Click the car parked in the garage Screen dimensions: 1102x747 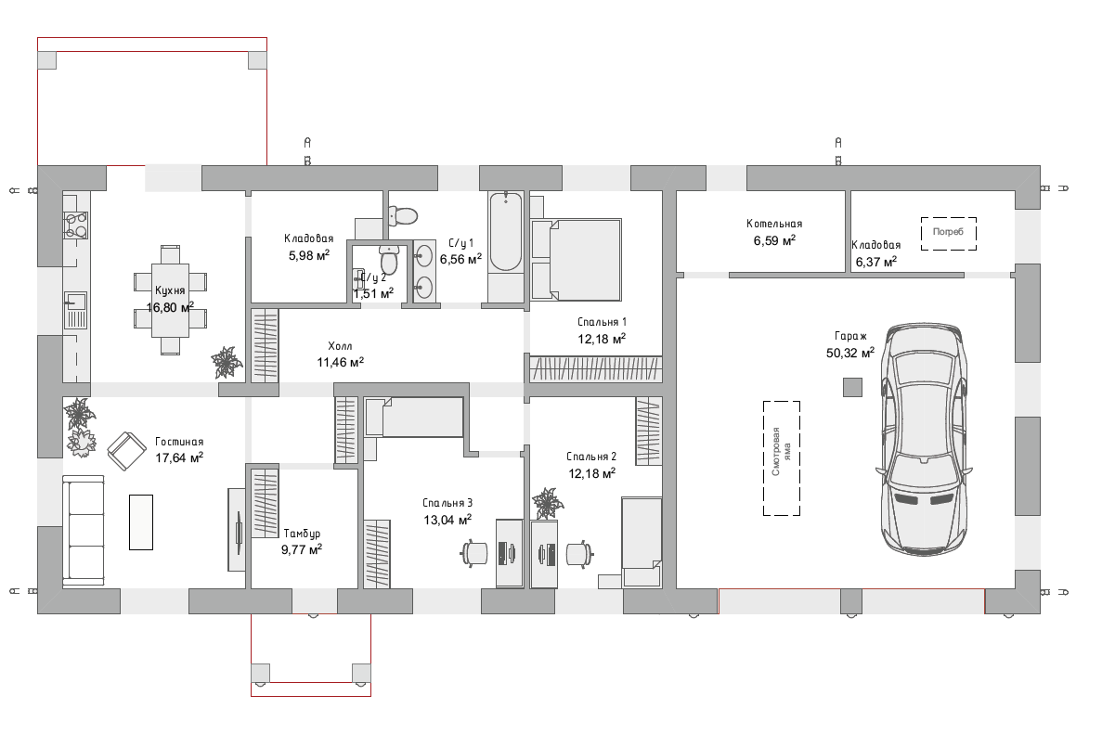924,439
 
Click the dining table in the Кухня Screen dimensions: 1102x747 170,300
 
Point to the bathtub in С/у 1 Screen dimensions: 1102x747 505,231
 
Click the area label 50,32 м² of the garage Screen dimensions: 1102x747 850,353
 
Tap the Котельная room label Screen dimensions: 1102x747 773,225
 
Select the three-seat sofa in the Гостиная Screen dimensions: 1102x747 83,531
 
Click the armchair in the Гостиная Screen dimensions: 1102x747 127,450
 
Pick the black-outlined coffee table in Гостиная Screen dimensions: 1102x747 140,522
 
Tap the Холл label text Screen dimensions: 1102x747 340,346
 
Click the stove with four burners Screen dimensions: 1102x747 76,225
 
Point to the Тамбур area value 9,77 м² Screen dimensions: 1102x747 302,549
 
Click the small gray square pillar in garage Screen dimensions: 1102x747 852,387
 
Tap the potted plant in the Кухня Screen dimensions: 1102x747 227,363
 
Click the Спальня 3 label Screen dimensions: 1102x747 447,503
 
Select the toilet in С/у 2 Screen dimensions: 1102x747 389,259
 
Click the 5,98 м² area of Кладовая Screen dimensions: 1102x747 308,256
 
